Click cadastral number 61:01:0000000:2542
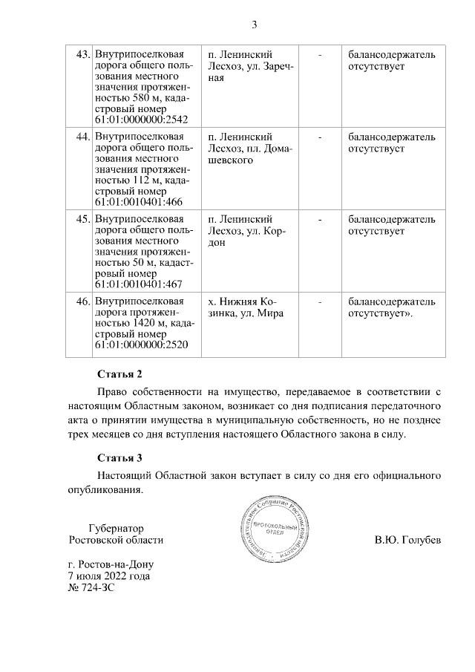coord(142,119)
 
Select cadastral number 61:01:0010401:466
coord(139,201)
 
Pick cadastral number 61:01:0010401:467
coord(139,284)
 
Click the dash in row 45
coord(321,220)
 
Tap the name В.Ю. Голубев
coord(407,540)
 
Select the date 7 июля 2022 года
coord(108,575)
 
